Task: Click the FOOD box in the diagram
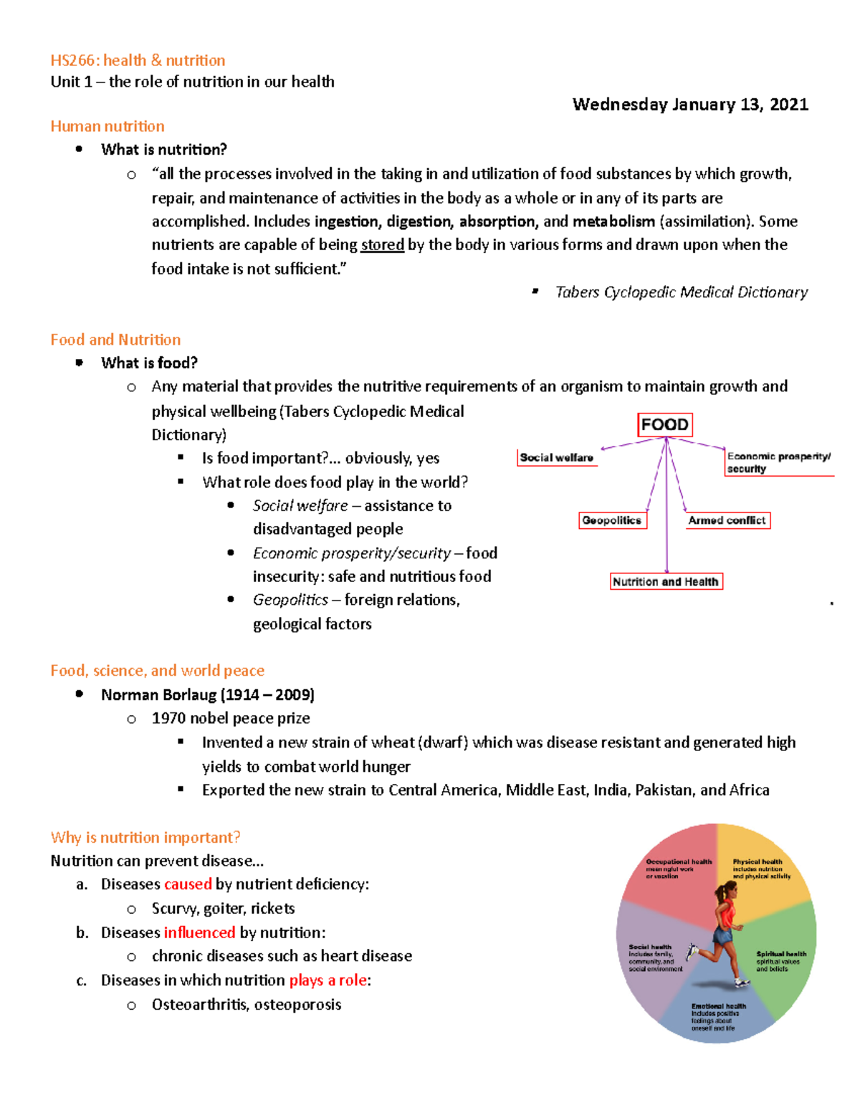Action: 664,425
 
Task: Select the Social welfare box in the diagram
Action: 556,458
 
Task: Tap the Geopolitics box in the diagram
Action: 612,520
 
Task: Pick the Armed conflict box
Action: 727,520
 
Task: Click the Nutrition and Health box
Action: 665,581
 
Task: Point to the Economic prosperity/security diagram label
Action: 778,462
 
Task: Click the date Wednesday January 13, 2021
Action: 690,105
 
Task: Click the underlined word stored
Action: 382,245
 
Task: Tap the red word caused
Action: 188,884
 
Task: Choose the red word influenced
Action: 199,932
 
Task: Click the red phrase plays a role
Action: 328,980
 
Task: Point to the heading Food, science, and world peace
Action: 157,671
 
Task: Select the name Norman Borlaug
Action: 158,694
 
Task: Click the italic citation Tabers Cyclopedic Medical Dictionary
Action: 681,292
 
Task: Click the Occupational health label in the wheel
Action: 678,862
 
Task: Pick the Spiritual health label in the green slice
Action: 780,955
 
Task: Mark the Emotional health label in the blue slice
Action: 718,1007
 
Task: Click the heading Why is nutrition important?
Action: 145,837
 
